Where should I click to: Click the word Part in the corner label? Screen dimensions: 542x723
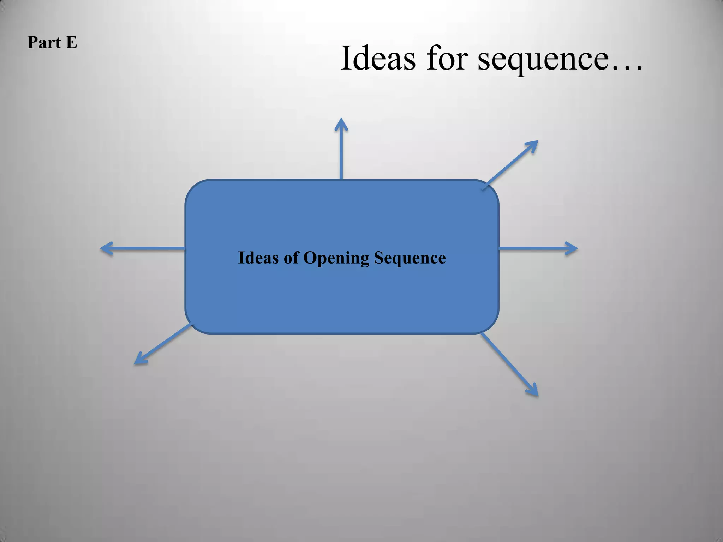click(44, 43)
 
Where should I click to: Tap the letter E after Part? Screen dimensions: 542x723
click(71, 43)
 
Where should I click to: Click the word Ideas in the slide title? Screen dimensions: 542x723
click(378, 58)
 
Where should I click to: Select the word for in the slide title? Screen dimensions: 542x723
click(447, 58)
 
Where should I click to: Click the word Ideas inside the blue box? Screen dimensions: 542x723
click(258, 258)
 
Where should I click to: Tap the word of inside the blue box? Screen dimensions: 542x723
click(291, 258)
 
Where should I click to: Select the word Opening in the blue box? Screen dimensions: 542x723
click(336, 258)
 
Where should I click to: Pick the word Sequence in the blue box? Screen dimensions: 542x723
click(410, 258)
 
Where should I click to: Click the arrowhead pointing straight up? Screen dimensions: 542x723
click(341, 124)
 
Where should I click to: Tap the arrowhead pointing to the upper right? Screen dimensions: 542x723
click(532, 145)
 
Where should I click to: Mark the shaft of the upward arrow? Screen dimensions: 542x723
click(341, 155)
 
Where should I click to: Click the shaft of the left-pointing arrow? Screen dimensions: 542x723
click(148, 248)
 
